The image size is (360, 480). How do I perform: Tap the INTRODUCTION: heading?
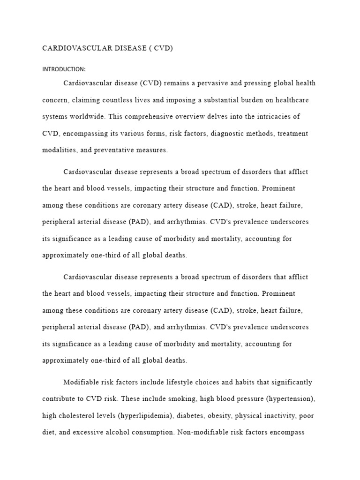(64, 69)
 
